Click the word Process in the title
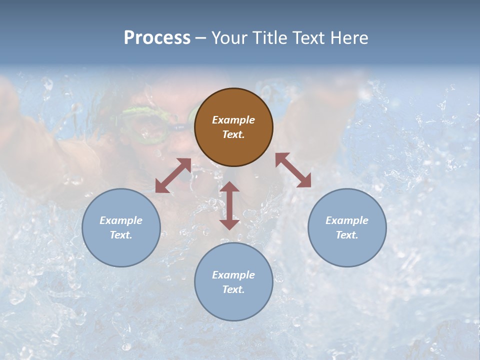[157, 38]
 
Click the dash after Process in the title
[201, 39]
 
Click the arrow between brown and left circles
[173, 175]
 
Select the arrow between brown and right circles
[293, 170]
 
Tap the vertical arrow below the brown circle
[229, 205]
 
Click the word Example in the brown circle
[233, 120]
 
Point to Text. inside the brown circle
[233, 135]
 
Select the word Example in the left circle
[121, 220]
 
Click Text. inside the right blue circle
[347, 235]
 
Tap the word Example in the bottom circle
[233, 275]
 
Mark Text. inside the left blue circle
[121, 235]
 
